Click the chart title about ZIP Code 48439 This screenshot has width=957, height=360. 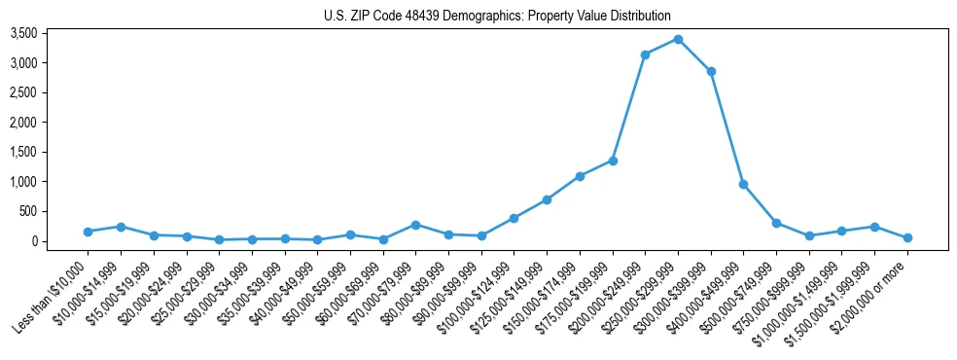click(497, 16)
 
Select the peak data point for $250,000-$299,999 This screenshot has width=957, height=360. click(678, 39)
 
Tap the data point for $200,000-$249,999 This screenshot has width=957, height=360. click(645, 54)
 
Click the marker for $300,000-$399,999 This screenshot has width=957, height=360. click(711, 71)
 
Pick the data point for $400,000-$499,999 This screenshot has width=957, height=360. click(743, 184)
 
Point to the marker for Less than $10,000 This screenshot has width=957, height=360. click(88, 232)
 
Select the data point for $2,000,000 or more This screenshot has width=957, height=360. click(907, 237)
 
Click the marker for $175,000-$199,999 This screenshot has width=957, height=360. click(613, 161)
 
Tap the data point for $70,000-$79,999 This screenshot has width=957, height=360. click(415, 225)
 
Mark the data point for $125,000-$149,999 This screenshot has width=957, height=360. click(547, 199)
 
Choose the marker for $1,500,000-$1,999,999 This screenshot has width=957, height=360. click(874, 227)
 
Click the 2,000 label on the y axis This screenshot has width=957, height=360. click(51, 123)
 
